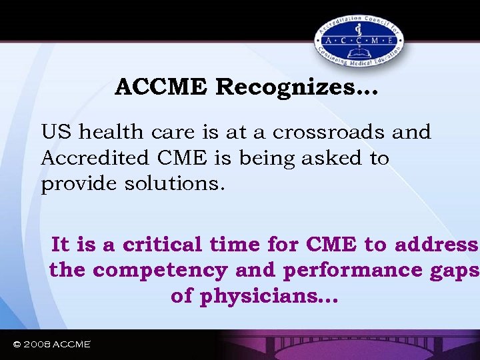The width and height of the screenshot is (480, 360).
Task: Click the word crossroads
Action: coord(319,132)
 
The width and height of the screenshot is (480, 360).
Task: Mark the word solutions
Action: coord(175,183)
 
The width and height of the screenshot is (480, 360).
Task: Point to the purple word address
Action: coord(436,245)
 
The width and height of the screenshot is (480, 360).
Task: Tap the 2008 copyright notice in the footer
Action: coord(52,344)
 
